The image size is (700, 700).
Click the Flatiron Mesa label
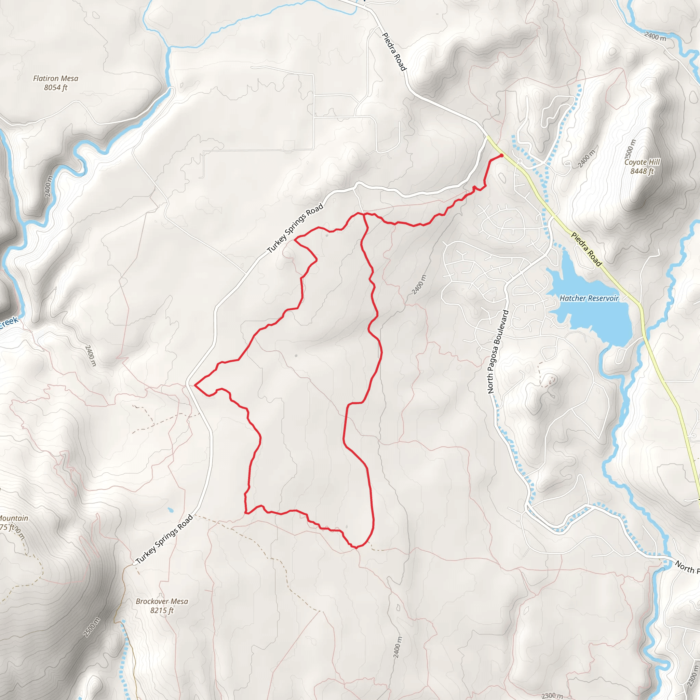(x=55, y=78)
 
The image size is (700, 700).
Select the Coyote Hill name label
(x=642, y=162)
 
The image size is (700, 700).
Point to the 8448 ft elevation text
(x=642, y=171)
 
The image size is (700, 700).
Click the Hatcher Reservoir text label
(x=589, y=298)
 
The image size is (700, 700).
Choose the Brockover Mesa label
(x=162, y=601)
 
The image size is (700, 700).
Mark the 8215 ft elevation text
(x=162, y=610)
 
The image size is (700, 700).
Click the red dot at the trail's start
(x=501, y=156)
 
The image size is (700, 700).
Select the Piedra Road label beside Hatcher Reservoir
(x=586, y=249)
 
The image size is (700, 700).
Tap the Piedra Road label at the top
(x=394, y=52)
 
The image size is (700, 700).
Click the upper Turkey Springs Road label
(x=295, y=228)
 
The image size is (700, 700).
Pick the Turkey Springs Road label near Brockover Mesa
(x=164, y=539)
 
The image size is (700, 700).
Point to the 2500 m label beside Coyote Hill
(x=630, y=149)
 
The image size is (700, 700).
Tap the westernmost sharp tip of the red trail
(x=195, y=385)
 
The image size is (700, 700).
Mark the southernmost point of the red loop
(x=356, y=548)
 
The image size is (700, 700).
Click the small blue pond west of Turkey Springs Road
(x=171, y=511)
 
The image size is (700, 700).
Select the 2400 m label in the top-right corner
(x=656, y=36)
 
